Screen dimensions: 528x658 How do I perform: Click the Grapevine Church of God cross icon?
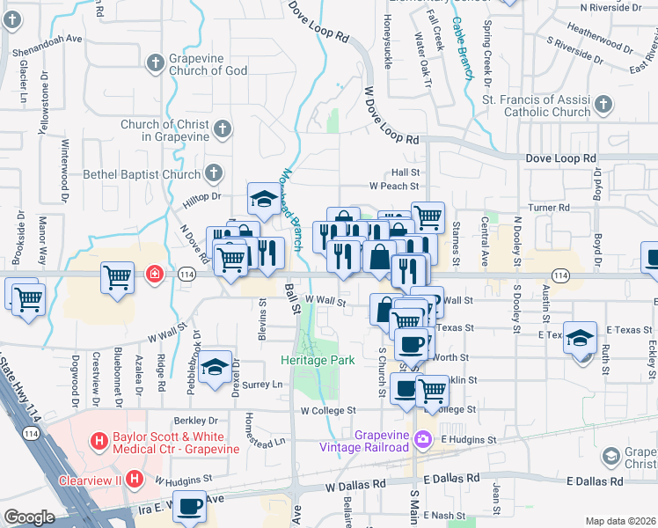coord(156,62)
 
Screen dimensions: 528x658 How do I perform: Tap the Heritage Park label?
coord(318,361)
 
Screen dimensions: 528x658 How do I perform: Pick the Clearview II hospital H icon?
coord(134,480)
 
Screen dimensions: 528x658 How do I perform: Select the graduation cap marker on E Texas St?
coord(581,339)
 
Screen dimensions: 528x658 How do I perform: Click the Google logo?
coord(30,517)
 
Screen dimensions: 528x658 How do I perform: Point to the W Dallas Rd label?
coord(355,485)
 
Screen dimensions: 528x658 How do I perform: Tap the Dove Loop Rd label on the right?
coord(559,158)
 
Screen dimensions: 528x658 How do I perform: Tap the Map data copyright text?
coord(619,521)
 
